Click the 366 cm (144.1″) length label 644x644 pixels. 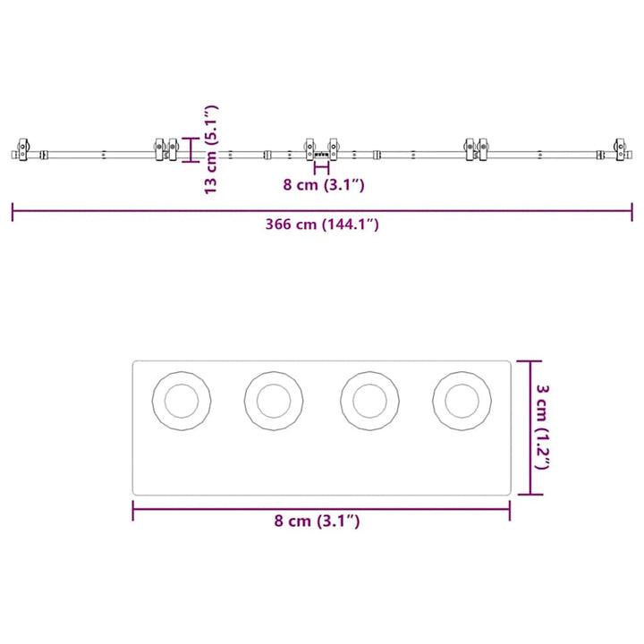pyautogui.click(x=322, y=225)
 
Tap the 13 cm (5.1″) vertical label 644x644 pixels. pyautogui.click(x=211, y=149)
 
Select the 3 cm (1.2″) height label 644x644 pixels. pyautogui.click(x=543, y=428)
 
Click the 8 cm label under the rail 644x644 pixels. pyautogui.click(x=324, y=185)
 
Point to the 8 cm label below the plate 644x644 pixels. pyautogui.click(x=317, y=521)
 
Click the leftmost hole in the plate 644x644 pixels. pyautogui.click(x=182, y=401)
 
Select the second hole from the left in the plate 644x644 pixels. pyautogui.click(x=274, y=401)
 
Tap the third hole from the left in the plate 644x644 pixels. pyautogui.click(x=369, y=401)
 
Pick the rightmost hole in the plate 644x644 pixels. pyautogui.click(x=462, y=401)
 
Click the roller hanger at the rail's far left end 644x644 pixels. pyautogui.click(x=23, y=149)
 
